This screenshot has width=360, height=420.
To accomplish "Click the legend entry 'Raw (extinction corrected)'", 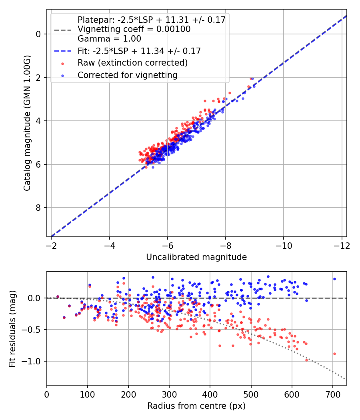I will [132, 63].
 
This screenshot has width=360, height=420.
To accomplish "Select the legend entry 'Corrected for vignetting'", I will [127, 75].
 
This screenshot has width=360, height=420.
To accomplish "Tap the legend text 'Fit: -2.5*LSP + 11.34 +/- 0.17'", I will [139, 51].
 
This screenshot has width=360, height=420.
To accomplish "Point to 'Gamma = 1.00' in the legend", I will [109, 39].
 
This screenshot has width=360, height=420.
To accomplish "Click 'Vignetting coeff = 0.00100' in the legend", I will [134, 29].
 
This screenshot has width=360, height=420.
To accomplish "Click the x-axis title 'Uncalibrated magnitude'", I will [196, 257].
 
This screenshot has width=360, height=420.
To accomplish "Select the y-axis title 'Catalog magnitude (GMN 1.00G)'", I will [27, 123].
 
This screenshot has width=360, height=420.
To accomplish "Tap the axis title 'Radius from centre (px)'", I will [196, 406].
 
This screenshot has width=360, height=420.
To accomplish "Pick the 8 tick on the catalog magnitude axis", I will [38, 208].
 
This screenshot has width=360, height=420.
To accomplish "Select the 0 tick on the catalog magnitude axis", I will [38, 34].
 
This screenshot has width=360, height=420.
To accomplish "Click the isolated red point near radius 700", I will [334, 354].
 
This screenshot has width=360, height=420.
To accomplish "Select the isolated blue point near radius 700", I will [334, 279].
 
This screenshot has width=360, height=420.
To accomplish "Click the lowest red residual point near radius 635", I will [307, 360].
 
